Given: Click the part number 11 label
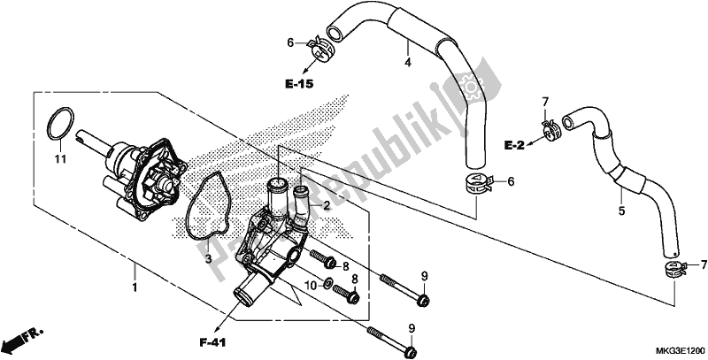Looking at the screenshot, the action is click(x=60, y=159).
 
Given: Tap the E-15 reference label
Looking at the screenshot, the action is click(x=299, y=84).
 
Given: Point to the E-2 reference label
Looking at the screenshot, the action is click(x=514, y=145).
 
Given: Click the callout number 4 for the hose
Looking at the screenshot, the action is click(x=408, y=63).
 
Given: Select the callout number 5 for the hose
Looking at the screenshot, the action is click(x=621, y=211).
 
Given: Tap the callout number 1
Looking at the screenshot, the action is click(x=135, y=287).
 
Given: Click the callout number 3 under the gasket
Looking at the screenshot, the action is click(x=208, y=259).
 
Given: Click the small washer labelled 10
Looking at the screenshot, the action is click(x=327, y=284).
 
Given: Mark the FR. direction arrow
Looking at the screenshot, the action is click(x=21, y=339).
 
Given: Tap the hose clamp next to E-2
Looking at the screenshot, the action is click(x=550, y=129).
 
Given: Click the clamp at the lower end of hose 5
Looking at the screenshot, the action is click(x=674, y=268).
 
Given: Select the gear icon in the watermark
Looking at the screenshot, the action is click(x=471, y=85).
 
